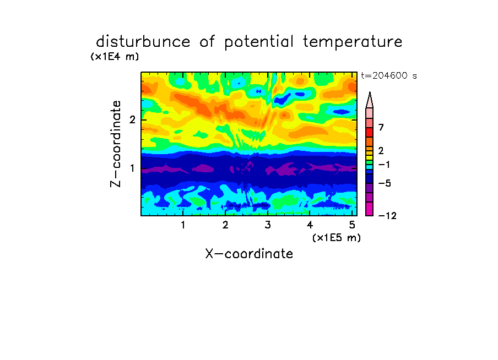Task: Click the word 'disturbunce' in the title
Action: (143, 42)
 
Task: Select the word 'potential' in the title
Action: (259, 42)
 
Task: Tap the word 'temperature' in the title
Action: (353, 42)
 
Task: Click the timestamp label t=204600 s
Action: (389, 75)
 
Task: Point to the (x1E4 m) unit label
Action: (115, 57)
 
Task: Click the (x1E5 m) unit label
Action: (337, 237)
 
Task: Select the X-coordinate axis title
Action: (249, 254)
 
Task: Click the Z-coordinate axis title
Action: (116, 144)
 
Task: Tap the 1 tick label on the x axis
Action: (183, 225)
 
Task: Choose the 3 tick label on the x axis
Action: (268, 225)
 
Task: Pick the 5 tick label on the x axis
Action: (352, 225)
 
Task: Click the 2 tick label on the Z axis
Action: (132, 119)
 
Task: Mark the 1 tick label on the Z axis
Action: (132, 168)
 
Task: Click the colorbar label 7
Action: (381, 128)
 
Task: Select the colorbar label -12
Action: (387, 216)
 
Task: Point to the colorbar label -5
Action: (385, 183)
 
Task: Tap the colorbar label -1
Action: (385, 165)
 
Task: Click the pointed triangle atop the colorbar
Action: (370, 100)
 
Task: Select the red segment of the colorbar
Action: (370, 132)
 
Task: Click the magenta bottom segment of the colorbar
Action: (370, 209)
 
